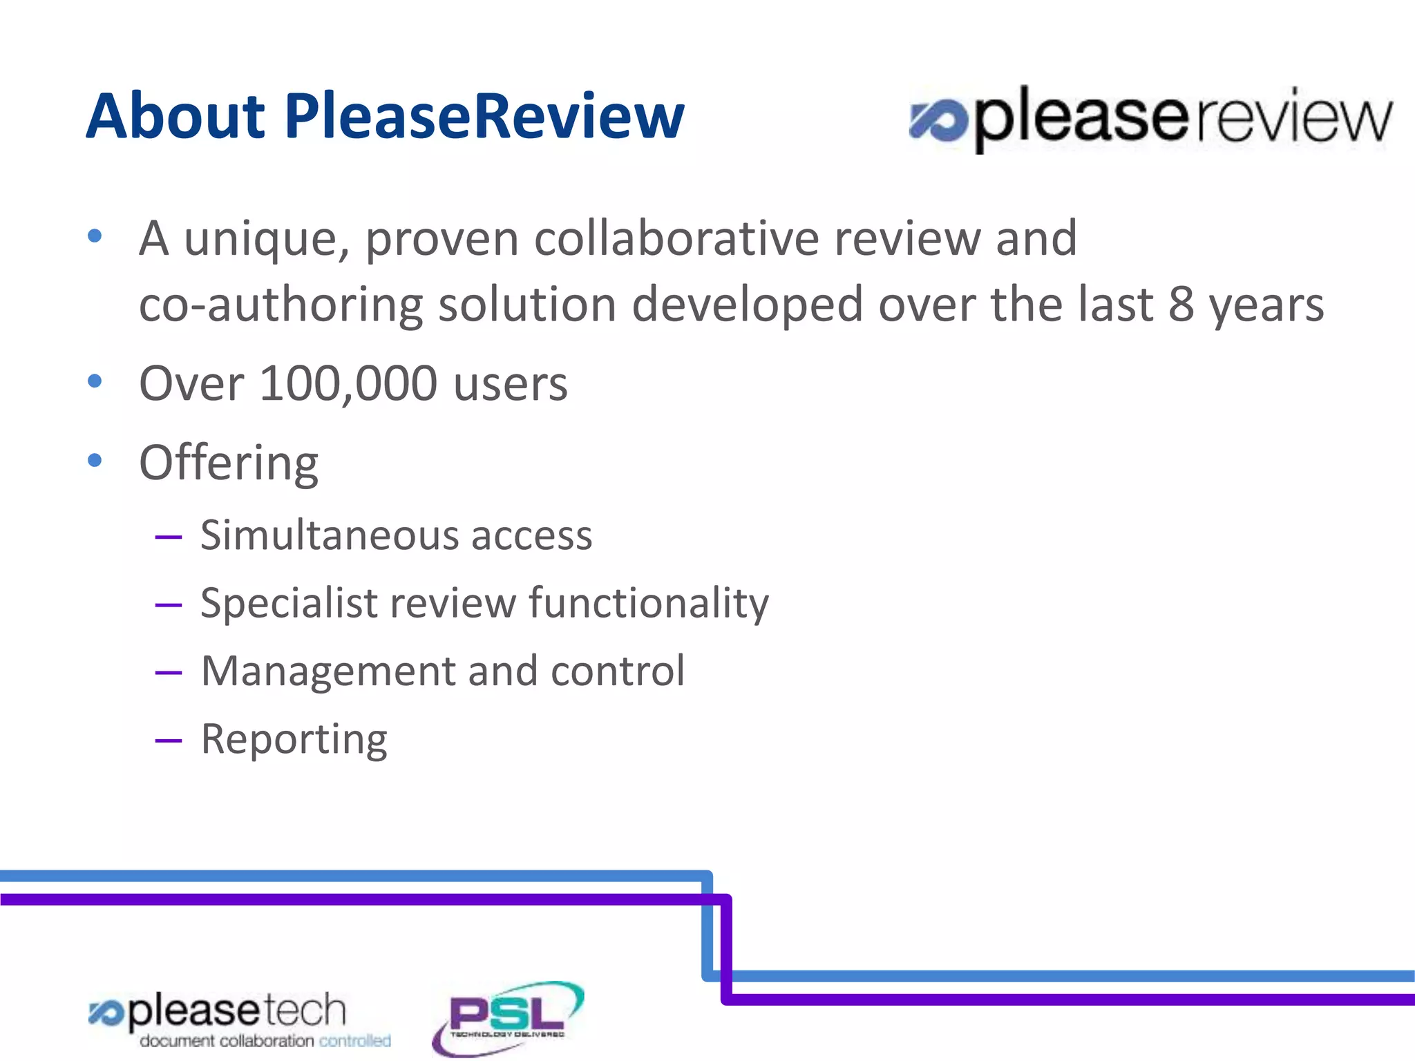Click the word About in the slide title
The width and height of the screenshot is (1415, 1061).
(175, 116)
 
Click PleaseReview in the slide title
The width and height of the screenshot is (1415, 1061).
(484, 116)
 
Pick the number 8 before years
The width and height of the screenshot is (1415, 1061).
(1181, 304)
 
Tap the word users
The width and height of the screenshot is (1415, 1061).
(511, 384)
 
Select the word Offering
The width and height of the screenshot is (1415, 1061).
(229, 463)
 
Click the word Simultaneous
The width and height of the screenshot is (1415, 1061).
(329, 535)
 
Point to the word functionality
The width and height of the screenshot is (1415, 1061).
(649, 603)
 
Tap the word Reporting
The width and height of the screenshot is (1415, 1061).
(294, 739)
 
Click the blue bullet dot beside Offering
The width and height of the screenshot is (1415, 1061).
(95, 460)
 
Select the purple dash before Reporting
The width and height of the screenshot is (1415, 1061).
(169, 741)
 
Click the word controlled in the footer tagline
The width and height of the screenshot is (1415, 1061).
(354, 1041)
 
